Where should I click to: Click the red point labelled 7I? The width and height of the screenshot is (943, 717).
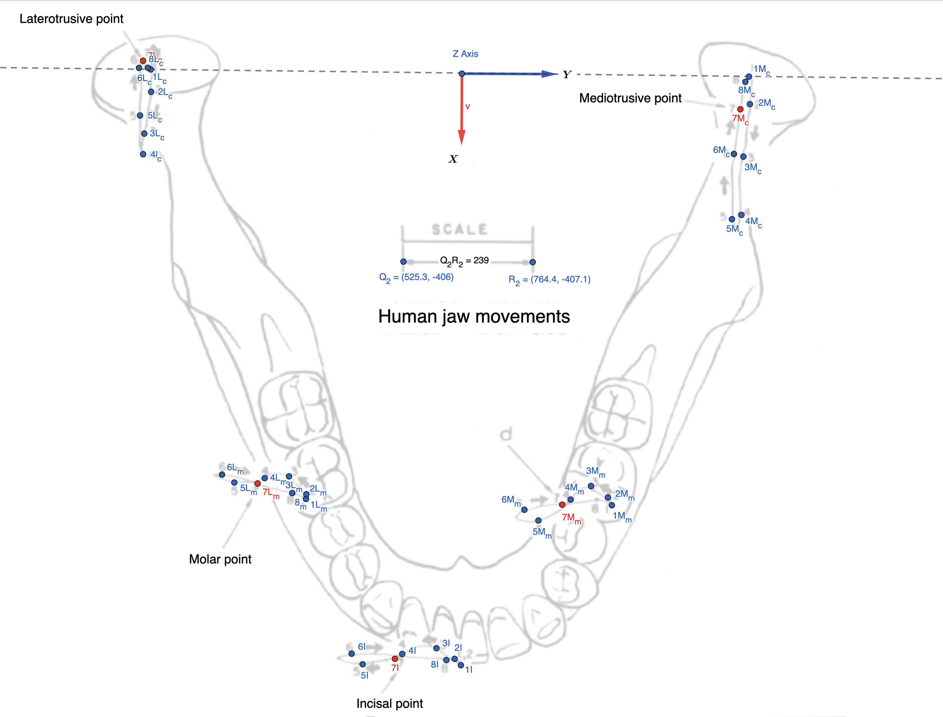(x=395, y=658)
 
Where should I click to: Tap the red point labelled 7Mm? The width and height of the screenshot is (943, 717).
(x=562, y=504)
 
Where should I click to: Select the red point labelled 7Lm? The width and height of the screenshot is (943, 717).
(x=257, y=483)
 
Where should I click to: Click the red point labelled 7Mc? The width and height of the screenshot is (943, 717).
(x=740, y=109)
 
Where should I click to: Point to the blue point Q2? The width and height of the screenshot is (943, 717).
(x=403, y=262)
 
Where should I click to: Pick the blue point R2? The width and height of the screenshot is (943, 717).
(x=532, y=262)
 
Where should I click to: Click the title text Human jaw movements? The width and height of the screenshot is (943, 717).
(x=474, y=317)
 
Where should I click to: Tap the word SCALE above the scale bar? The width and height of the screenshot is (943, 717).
(x=460, y=230)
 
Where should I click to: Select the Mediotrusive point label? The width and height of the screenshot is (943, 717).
(x=630, y=98)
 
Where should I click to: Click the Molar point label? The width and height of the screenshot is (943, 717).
(x=220, y=559)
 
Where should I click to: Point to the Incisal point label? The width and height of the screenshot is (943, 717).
(x=389, y=703)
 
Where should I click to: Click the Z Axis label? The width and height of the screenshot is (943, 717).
(x=465, y=54)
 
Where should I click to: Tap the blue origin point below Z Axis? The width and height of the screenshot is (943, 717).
(x=462, y=74)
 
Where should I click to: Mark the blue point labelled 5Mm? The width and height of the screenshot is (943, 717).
(x=538, y=520)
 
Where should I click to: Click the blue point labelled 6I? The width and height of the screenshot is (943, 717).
(x=351, y=653)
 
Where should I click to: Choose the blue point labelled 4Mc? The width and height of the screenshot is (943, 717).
(x=741, y=215)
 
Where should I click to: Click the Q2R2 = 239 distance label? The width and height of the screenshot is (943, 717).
(x=464, y=260)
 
